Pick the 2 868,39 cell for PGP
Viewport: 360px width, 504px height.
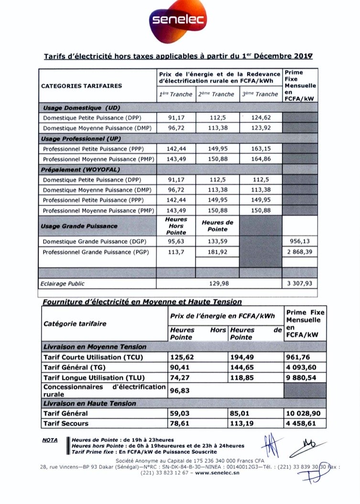coord(300,252)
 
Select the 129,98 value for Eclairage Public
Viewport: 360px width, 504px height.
coord(220,284)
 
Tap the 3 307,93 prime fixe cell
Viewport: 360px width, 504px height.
coord(300,284)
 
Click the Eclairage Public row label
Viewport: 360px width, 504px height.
coord(63,284)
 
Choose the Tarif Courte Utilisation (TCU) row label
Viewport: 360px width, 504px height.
coord(93,357)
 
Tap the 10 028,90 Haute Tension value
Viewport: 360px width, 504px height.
coord(305,413)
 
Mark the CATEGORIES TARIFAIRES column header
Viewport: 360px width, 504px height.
coord(82,86)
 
